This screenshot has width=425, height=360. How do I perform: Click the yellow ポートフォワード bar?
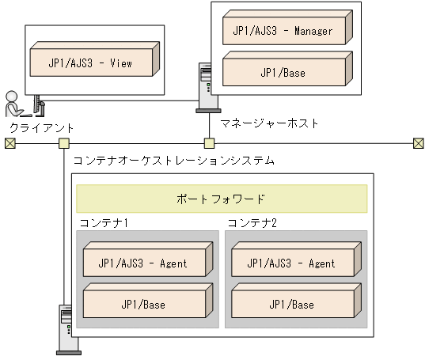point(221,199)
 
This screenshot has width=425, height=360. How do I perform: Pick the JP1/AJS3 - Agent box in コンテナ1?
point(145,263)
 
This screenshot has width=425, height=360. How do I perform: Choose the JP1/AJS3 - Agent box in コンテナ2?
point(293,263)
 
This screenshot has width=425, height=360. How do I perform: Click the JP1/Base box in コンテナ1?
point(145,304)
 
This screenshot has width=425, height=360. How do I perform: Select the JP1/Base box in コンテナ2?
point(293,304)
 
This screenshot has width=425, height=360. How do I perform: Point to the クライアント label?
point(40,128)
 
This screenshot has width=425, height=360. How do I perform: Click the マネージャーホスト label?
point(270,124)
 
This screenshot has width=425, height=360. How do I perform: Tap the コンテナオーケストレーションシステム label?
point(173,161)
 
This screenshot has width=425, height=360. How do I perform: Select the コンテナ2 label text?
point(252,222)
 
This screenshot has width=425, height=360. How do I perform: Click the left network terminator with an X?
point(9,143)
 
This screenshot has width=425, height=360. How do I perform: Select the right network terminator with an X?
point(418,143)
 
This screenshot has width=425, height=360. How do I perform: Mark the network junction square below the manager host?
point(209,143)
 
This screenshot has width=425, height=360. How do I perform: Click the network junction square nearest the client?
point(64,143)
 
